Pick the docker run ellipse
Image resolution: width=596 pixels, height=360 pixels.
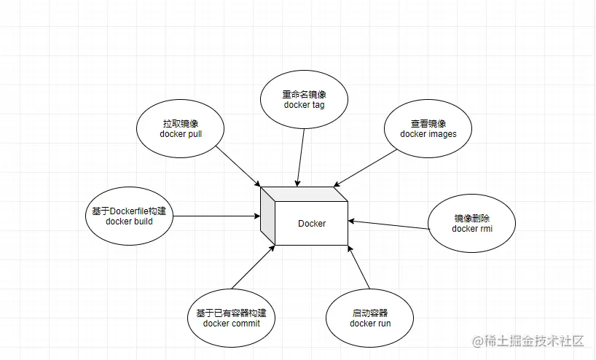click(370, 318)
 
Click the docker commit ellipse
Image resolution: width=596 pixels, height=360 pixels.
click(231, 318)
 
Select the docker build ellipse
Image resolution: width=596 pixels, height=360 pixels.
click(129, 216)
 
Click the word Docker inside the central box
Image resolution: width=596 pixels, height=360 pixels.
click(312, 223)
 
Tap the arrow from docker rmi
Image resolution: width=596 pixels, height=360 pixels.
click(388, 224)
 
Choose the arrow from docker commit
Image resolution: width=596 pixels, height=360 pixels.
click(253, 267)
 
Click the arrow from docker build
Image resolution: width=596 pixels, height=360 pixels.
click(216, 216)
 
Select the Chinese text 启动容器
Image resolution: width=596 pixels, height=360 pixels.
click(370, 313)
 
